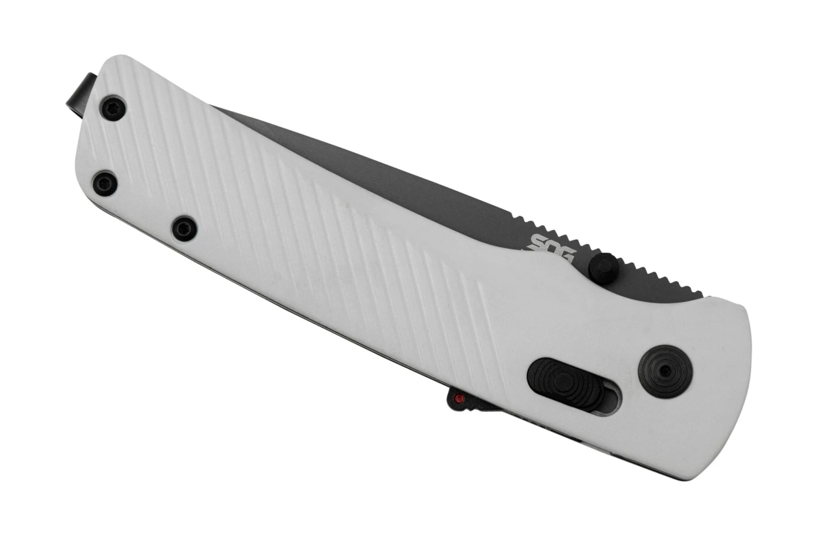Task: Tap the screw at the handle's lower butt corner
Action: point(105,182)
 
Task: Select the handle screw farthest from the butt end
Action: point(184,228)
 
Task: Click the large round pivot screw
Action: point(665,371)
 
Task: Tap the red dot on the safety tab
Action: point(458,398)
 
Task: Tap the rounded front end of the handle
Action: point(741,387)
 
